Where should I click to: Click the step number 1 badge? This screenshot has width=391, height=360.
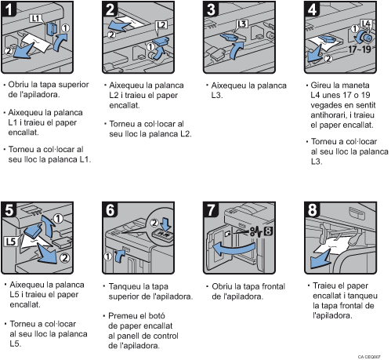10,10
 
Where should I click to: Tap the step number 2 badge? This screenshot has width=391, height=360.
110,10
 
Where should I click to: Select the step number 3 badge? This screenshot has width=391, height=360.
211,10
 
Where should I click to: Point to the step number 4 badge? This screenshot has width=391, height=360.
311,10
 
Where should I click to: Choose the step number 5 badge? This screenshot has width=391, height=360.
10,211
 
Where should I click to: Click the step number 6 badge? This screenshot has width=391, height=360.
110,211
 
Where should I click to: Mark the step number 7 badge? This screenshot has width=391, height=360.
211,211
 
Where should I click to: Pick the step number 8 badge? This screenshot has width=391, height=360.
311,211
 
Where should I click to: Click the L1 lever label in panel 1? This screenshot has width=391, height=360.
35,17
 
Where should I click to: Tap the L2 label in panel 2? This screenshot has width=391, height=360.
161,25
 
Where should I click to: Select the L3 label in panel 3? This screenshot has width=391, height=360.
242,24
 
